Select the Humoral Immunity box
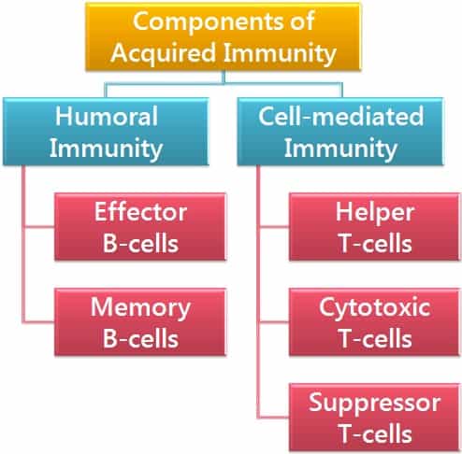coord(106,132)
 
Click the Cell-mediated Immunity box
coord(340,132)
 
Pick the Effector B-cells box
coord(140,227)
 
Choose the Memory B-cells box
coord(140,322)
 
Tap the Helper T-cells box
coord(375,227)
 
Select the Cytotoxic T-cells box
coord(375,322)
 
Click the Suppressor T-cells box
coord(375,418)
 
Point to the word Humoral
coord(107,116)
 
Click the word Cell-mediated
coord(341,116)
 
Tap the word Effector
coord(140,212)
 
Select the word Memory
coord(140,308)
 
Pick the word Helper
coord(375,213)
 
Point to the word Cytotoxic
coord(375,308)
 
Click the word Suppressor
coord(374,404)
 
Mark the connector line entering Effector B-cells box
coord(39,227)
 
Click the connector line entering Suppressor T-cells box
coord(274,418)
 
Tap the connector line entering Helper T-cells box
coord(274,227)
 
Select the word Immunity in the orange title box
coord(280,52)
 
